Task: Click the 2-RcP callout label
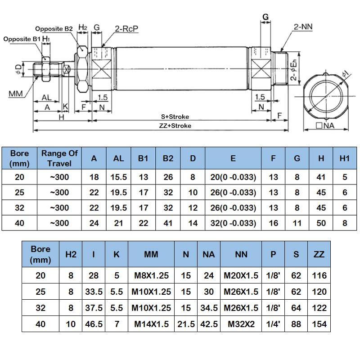point(126,29)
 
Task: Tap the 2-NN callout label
point(303,27)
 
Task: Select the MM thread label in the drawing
point(16,94)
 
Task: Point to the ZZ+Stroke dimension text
point(175,126)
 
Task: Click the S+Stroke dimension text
point(175,117)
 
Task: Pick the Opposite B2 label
point(54,29)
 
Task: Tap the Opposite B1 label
point(22,39)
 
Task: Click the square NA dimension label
point(325,126)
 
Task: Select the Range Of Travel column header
point(59,158)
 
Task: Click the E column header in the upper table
point(233,158)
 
